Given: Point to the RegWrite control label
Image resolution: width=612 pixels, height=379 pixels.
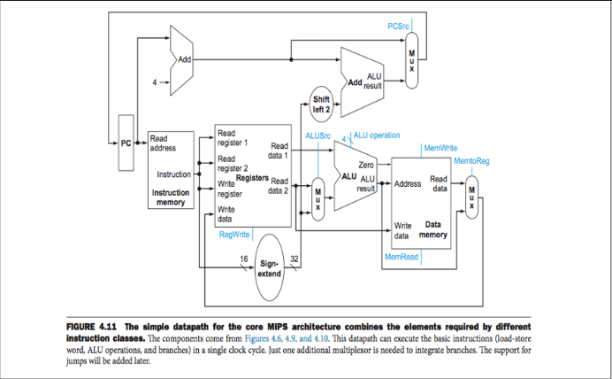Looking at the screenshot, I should point(233,235).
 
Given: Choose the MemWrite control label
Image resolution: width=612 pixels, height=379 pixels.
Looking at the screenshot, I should point(440,147).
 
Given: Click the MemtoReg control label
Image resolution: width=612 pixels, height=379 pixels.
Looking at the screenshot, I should point(471,161).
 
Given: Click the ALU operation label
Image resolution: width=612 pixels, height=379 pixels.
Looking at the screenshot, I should point(377,135).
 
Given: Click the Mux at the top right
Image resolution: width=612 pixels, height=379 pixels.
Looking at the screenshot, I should point(411,59).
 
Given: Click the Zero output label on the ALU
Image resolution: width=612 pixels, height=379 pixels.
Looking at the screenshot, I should point(367,165).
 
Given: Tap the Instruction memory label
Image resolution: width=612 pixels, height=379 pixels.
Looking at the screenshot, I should point(170,197).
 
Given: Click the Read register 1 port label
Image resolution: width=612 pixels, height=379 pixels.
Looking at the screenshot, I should point(233,138).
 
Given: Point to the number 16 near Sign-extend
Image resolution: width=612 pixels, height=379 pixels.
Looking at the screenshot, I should point(244,258).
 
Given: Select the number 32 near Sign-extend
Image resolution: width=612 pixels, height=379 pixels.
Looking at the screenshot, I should point(294,258).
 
